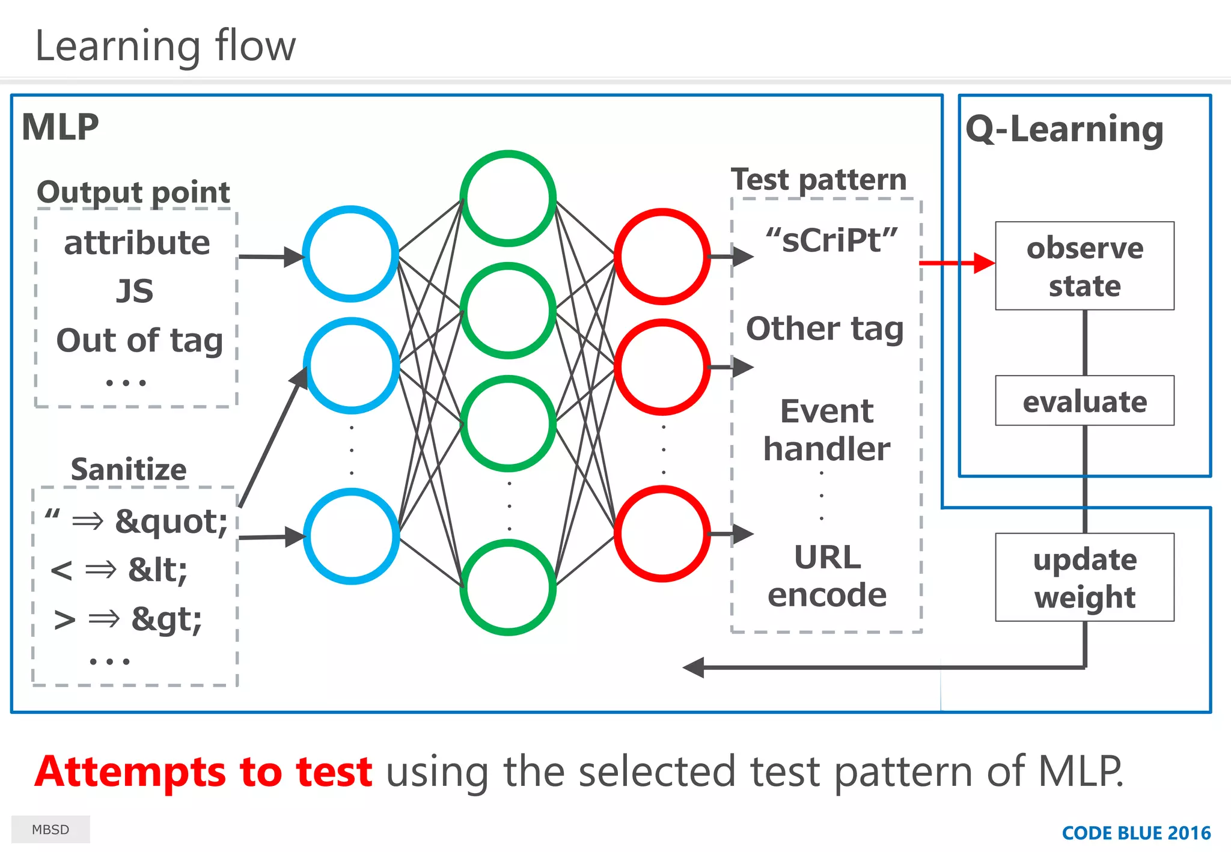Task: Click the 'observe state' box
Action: tap(1084, 266)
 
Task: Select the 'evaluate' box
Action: tap(1084, 401)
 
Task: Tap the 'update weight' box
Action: tap(1084, 577)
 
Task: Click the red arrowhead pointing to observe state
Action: tap(984, 263)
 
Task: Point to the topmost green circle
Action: tap(508, 198)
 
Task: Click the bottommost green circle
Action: tap(508, 587)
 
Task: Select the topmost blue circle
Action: tap(350, 254)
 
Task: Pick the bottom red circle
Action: tap(662, 534)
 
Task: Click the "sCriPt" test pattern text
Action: tap(831, 240)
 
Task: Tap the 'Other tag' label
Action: tap(825, 329)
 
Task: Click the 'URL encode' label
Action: tap(827, 576)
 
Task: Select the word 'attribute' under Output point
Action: tap(137, 243)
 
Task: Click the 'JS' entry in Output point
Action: tap(135, 291)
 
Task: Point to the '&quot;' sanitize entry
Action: tap(171, 522)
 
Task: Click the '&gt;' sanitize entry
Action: tap(166, 619)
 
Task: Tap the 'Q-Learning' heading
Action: tap(1065, 129)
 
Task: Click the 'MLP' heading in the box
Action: tap(60, 127)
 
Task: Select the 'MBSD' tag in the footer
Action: tap(50, 830)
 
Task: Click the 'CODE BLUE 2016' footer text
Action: tap(1136, 833)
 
